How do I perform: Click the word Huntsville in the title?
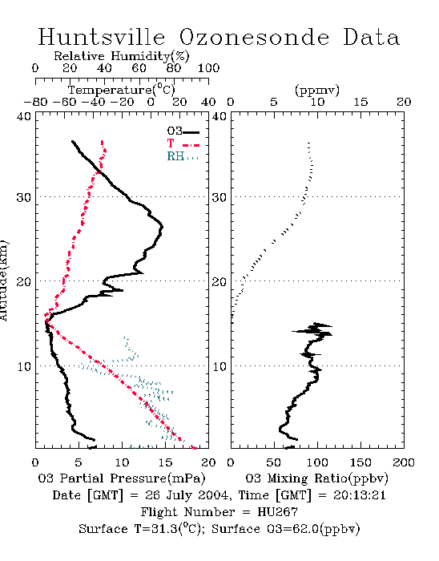tap(102, 37)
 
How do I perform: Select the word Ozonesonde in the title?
tap(254, 37)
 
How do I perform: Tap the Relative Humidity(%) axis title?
tap(121, 56)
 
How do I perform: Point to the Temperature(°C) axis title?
tap(121, 90)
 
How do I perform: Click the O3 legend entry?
tap(183, 131)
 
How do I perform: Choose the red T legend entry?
tap(183, 143)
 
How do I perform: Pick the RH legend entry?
tap(183, 156)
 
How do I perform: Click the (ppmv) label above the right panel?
tap(317, 90)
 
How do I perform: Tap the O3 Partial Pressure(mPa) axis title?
tap(122, 478)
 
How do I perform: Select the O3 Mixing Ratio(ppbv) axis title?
tap(316, 478)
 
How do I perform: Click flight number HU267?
tap(277, 512)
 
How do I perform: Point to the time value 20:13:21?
tap(360, 495)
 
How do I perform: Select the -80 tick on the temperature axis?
tap(35, 102)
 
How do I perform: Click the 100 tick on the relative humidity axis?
tap(208, 68)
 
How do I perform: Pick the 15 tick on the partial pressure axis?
tap(165, 462)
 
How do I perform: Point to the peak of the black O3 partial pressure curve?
tap(163, 227)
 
